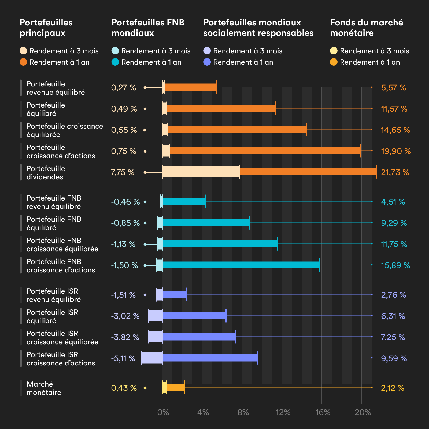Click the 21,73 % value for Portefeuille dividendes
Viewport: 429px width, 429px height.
coord(395,172)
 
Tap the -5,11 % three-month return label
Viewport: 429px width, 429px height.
coord(123,358)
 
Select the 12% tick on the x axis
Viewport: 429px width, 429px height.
coord(283,412)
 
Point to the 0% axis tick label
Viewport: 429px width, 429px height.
coord(163,412)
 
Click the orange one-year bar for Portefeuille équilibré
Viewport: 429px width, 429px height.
coord(221,108)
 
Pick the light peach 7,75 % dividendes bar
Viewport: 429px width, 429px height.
coord(201,172)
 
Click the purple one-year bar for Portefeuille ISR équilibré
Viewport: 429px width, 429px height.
coord(194,316)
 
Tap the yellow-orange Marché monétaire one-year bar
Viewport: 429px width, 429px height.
coord(176,387)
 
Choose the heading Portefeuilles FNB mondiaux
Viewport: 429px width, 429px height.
coord(148,28)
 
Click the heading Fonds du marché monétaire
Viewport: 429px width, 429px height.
coord(366,28)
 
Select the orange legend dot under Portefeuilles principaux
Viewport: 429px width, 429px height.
coord(23,62)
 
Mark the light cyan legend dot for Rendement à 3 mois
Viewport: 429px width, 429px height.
coord(115,51)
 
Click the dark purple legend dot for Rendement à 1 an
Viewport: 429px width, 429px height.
coord(207,62)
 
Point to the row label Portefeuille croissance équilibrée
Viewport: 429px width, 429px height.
coord(65,130)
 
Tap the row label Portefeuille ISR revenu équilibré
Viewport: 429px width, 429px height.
coord(54,295)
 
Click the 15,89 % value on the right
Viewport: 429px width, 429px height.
coord(395,265)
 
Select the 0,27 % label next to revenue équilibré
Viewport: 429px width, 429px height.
coord(124,88)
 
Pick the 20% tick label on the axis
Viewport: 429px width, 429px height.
coord(363,412)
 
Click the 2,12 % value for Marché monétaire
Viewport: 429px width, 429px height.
coord(392,388)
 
